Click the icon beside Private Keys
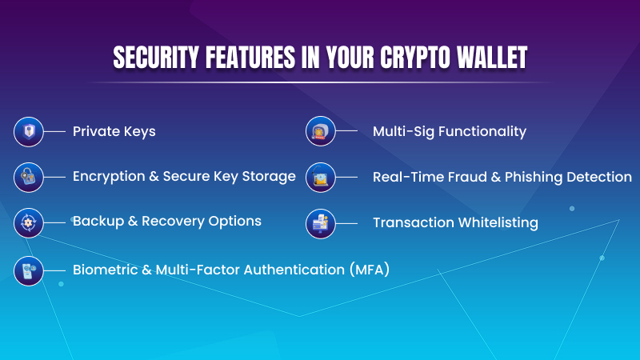pos(29,131)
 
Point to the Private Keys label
pos(114,131)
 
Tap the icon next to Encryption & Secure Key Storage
pos(29,177)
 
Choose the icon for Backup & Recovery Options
pos(29,222)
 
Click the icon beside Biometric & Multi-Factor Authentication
pos(29,270)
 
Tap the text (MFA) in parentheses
pos(368,269)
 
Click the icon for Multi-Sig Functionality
pos(321,131)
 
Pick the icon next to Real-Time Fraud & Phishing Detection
pos(321,177)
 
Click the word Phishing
pos(533,177)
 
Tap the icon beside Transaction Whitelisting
pos(321,223)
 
